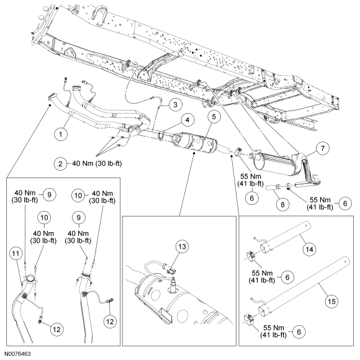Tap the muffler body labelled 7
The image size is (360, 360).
[x=273, y=164]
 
